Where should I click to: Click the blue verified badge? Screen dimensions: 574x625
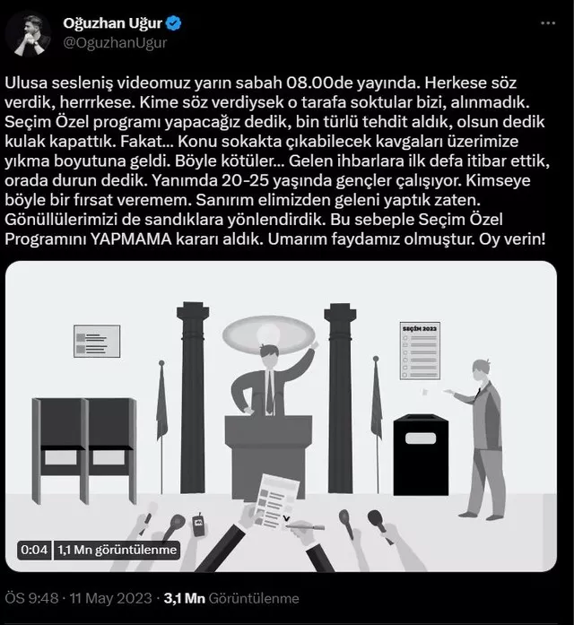(x=173, y=23)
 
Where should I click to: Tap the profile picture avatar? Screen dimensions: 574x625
(x=28, y=34)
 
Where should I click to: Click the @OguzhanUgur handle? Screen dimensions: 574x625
(x=115, y=43)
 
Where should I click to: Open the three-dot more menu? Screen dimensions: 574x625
(x=548, y=23)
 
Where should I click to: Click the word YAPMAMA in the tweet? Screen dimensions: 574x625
(x=131, y=239)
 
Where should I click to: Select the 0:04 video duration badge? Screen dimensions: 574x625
(x=34, y=550)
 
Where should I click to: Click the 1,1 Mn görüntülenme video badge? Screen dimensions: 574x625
(x=117, y=550)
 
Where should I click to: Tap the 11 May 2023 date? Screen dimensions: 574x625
(x=111, y=598)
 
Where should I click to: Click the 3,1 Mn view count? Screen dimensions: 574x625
(x=184, y=598)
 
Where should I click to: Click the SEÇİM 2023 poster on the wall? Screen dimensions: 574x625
(x=420, y=351)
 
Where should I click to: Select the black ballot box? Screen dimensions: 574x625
(x=421, y=455)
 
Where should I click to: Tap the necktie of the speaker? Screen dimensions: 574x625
(x=270, y=392)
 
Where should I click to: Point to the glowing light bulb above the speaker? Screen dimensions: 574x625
(x=268, y=334)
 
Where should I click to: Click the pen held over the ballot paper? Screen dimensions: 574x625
(x=305, y=527)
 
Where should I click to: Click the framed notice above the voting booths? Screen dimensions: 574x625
(x=97, y=342)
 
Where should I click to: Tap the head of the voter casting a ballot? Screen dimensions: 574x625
(x=482, y=370)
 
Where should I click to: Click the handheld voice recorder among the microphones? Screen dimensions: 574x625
(x=198, y=525)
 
